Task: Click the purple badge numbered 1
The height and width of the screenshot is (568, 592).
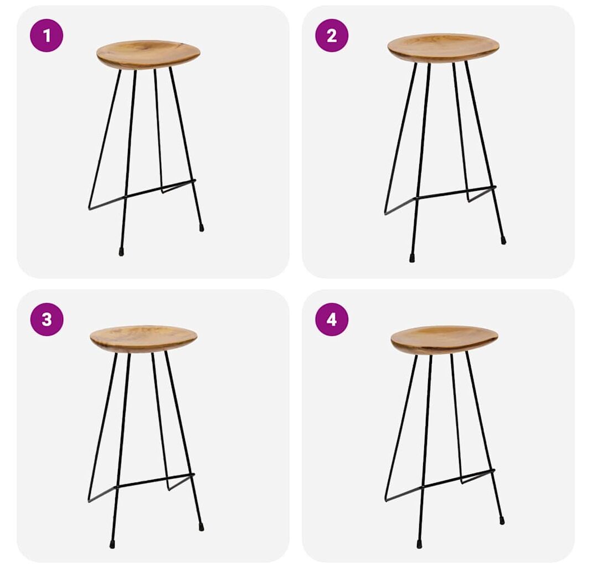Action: (47, 35)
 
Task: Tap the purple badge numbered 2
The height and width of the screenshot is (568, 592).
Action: (332, 35)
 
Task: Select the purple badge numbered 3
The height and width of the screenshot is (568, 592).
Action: (47, 319)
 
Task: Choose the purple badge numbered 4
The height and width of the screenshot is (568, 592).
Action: (332, 319)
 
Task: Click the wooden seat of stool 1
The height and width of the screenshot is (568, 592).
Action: (148, 54)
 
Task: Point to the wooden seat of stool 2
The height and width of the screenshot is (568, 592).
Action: (443, 48)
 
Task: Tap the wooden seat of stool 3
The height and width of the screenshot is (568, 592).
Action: (143, 339)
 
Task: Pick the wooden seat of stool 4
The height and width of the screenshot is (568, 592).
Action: (444, 339)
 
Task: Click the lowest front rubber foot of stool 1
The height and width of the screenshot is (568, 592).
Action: (121, 252)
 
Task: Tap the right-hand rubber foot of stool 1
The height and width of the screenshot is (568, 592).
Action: (202, 227)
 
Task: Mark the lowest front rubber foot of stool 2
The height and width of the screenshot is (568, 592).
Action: (412, 258)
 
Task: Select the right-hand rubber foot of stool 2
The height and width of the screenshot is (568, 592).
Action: (503, 241)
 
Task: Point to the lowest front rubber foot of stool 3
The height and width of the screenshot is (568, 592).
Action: (112, 544)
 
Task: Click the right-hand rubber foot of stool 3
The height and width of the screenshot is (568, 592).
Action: (201, 527)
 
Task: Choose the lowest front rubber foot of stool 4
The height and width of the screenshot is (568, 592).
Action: (419, 544)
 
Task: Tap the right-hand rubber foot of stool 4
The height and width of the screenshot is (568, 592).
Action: (502, 521)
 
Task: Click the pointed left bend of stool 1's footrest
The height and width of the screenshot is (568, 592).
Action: (90, 209)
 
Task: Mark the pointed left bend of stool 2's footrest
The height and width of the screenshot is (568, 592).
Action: (385, 214)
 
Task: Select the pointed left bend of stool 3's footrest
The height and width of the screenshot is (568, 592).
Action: (89, 501)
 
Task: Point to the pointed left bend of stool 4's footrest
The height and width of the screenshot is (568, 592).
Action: (386, 501)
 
